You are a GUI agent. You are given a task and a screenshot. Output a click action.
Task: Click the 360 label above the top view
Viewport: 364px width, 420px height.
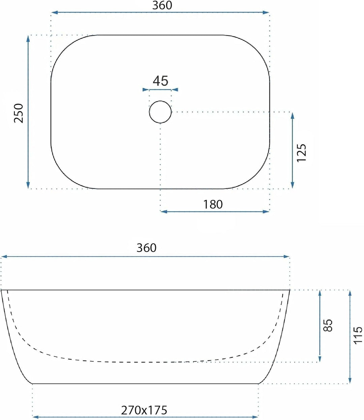pos(162,5)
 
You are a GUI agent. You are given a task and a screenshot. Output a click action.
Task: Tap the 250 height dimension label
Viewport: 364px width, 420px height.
pos(19,113)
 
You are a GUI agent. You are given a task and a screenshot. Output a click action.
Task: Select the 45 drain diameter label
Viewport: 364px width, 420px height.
pos(160,81)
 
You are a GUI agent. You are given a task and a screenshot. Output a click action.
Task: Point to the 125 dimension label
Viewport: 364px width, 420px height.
pos(301,153)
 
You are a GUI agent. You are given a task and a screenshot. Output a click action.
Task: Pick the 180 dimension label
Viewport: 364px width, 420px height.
pos(213,204)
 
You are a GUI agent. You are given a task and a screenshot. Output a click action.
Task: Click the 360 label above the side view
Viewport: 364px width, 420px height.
pos(146,248)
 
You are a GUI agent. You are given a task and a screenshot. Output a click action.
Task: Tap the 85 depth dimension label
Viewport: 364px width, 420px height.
pos(328,325)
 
